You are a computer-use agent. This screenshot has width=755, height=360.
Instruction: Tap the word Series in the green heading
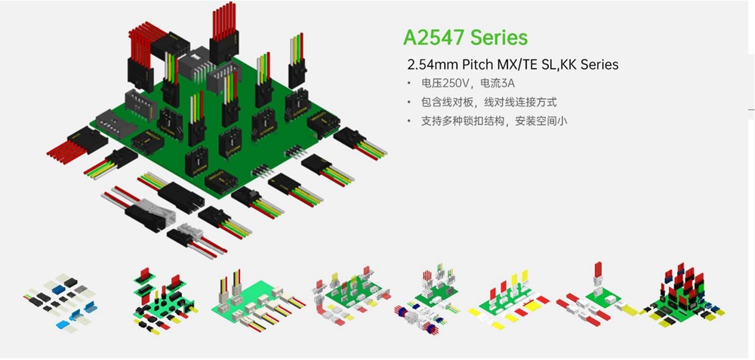click(x=501, y=37)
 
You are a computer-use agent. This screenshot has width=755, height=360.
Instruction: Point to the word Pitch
click(x=474, y=64)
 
